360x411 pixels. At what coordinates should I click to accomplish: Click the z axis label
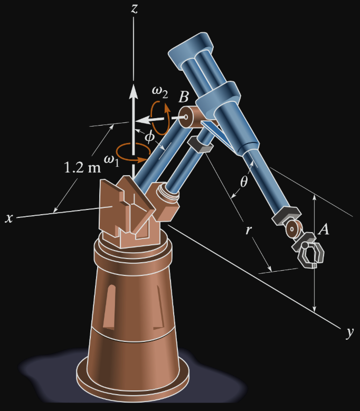coord(134,8)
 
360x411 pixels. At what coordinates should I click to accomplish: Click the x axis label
coord(9,218)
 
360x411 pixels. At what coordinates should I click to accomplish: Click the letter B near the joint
coord(184,97)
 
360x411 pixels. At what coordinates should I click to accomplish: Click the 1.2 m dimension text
coord(82,167)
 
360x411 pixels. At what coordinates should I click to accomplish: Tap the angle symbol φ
coord(150,137)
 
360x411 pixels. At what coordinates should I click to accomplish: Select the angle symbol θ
coord(243,181)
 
